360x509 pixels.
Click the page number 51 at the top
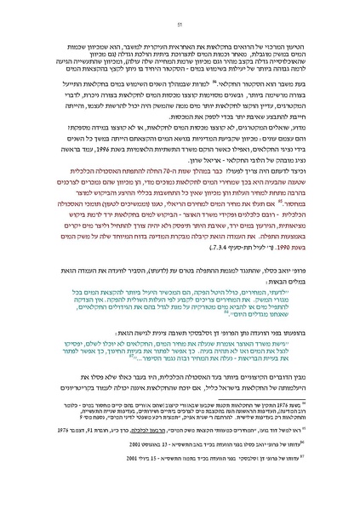pyautogui.click(x=180, y=25)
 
